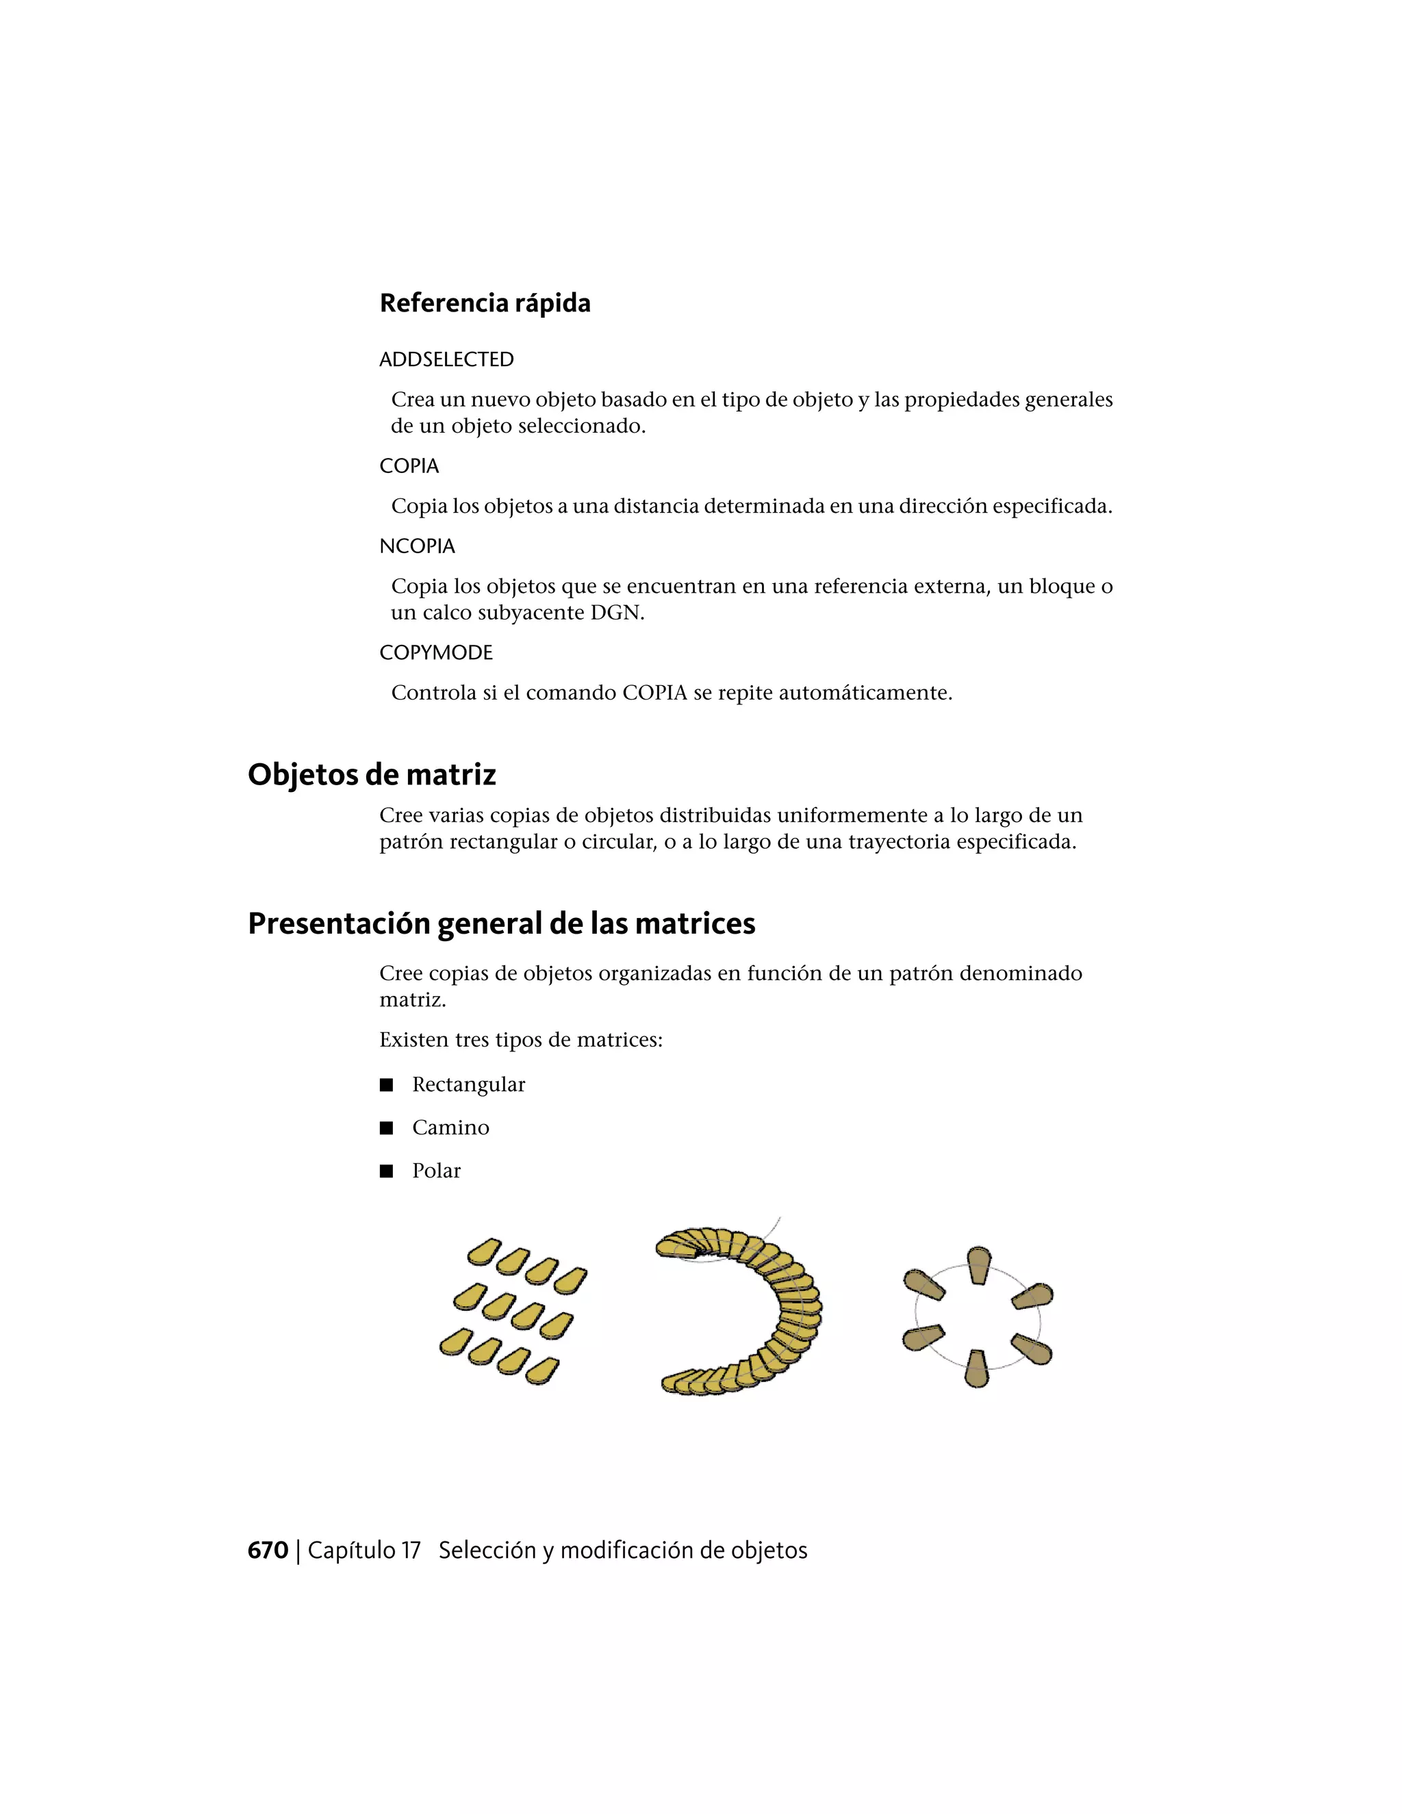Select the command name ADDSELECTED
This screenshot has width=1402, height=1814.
tap(446, 359)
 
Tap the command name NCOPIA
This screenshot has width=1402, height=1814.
tap(417, 546)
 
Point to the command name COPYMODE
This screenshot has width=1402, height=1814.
tap(436, 653)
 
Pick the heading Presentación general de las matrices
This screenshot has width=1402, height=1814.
tap(501, 923)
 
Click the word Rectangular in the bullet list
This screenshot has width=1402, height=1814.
tap(468, 1085)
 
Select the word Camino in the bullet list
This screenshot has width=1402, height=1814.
tap(450, 1128)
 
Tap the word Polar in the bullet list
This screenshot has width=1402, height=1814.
tap(436, 1171)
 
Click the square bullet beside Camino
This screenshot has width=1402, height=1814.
tap(385, 1128)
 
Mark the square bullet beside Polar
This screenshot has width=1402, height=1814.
tap(385, 1171)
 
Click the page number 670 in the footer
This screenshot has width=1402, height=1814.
tap(268, 1550)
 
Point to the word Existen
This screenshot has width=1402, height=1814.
tap(413, 1040)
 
